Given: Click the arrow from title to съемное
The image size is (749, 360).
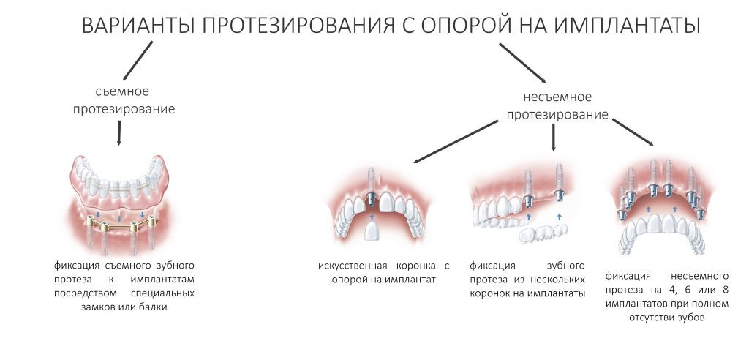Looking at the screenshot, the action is point(138,60).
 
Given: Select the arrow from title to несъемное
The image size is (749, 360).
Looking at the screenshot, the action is point(522,62).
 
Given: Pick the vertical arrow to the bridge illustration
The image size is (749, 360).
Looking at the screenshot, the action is point(554,138).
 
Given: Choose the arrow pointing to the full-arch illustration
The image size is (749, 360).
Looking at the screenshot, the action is point(632,131).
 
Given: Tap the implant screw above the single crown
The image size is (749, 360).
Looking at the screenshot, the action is point(370,184).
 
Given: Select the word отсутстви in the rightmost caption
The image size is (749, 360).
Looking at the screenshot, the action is point(650,319).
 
